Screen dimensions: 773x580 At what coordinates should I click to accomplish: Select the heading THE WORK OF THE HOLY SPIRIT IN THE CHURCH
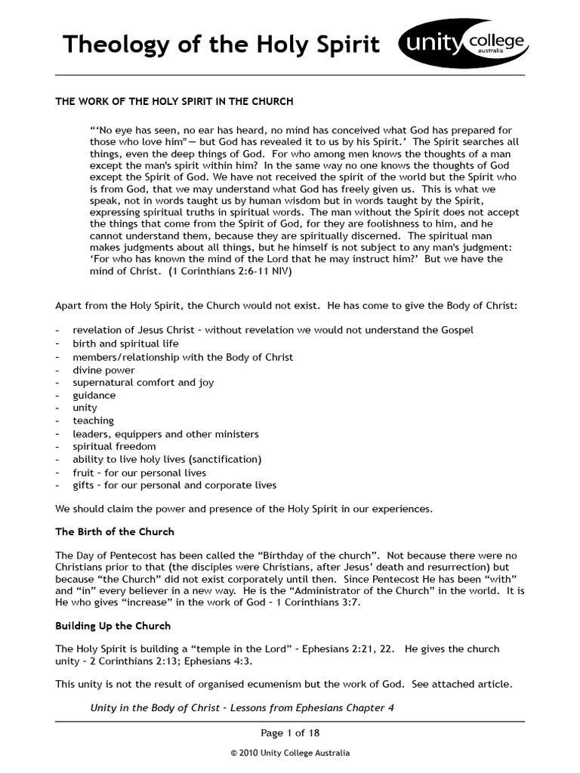174,100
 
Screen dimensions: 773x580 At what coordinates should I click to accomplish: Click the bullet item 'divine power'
103,370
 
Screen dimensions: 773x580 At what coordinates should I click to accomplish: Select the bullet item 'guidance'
94,395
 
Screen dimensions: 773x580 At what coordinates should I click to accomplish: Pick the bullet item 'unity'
85,408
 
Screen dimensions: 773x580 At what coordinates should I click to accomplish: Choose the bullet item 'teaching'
94,420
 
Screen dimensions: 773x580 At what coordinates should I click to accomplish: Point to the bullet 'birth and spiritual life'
125,343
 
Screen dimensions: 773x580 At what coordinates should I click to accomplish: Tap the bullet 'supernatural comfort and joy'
143,383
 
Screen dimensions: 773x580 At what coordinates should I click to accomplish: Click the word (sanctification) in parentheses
225,459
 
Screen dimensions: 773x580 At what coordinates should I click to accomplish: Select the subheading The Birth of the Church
115,531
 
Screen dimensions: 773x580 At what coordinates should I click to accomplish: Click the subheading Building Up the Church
113,626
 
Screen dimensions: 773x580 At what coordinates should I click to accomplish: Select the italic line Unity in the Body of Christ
242,708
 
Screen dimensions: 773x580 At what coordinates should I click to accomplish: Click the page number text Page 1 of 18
289,732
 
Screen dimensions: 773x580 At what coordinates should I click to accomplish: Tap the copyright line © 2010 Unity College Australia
290,753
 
